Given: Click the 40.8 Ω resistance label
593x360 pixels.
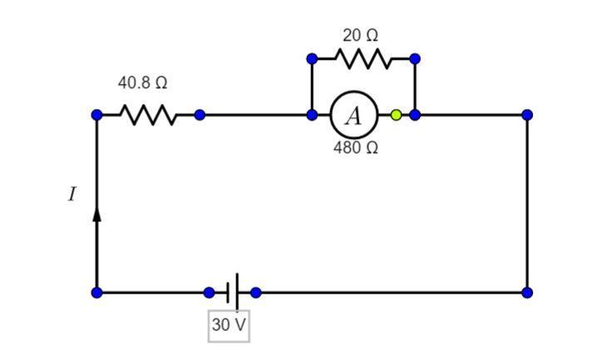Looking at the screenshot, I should coord(142,83).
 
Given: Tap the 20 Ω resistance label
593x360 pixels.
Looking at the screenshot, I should coord(360,36).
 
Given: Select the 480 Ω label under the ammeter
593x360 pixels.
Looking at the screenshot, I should coord(356,148).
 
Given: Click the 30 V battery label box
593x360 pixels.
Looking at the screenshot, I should coord(229,325).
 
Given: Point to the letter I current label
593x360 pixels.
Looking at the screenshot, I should coord(72,195).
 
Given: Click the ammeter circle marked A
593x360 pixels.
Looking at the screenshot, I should coord(354,115).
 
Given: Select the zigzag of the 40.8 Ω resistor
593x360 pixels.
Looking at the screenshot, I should coord(148,115).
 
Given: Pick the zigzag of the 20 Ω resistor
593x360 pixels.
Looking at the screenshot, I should coord(363,59).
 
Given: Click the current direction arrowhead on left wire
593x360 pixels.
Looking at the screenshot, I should coord(96,213).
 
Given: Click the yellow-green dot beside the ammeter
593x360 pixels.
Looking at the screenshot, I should coord(396,115).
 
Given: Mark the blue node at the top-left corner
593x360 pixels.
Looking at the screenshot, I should coord(96,115).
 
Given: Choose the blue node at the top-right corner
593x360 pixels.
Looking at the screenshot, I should coord(527,115).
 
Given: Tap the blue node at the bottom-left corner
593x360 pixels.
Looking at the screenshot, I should coord(96,293).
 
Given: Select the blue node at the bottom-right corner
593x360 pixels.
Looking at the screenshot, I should coord(527,293).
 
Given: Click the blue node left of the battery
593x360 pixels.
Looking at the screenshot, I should coord(209,293).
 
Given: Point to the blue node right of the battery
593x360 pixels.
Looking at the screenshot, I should coord(255,293).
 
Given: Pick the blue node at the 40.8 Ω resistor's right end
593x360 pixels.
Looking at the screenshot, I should coord(200,115).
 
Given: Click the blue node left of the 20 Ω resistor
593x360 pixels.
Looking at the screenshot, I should coord(312,59).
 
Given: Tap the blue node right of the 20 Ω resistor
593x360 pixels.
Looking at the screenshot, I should coord(415,59).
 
